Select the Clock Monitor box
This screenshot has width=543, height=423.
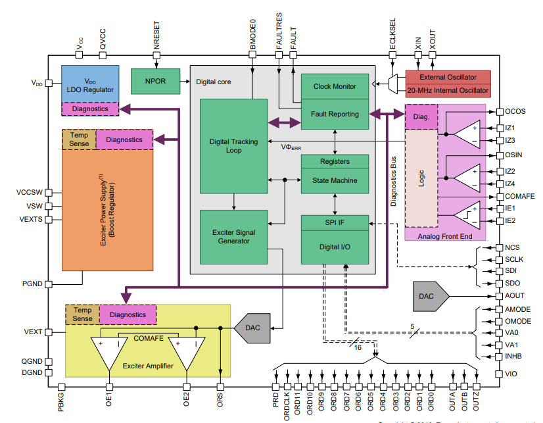click(335, 87)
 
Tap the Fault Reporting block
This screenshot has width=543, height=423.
click(335, 114)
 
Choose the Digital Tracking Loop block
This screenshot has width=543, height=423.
click(233, 145)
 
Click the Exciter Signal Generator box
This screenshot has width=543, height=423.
click(233, 237)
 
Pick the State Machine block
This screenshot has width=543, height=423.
click(335, 180)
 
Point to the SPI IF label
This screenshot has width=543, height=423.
click(335, 223)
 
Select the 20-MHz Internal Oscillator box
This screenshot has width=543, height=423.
click(448, 90)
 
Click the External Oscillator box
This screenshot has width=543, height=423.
click(448, 77)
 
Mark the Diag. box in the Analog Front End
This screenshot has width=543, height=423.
click(421, 117)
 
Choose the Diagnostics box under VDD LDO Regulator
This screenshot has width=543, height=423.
click(90, 109)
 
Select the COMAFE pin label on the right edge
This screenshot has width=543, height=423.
click(519, 196)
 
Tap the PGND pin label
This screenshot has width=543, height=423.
click(32, 284)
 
